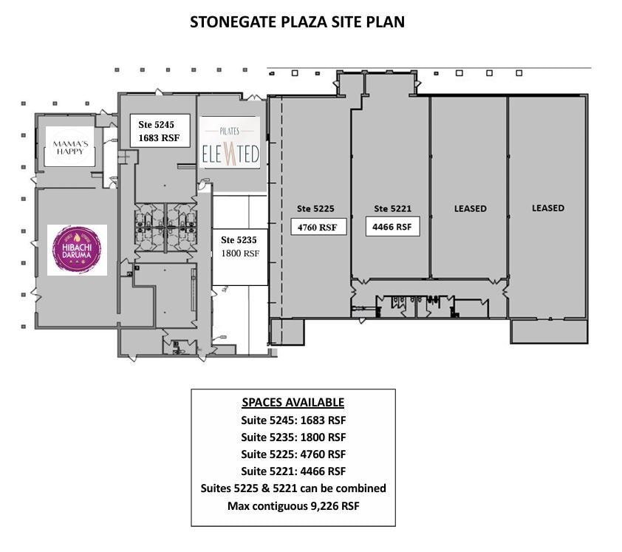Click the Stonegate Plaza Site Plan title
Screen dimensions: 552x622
(297, 21)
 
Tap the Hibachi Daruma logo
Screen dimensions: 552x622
(77, 250)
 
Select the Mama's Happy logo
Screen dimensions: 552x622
(71, 146)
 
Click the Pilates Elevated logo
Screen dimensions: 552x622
(230, 142)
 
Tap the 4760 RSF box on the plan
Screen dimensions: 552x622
(318, 227)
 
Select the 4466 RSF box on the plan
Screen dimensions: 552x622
(392, 226)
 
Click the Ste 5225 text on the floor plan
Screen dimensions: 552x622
(317, 208)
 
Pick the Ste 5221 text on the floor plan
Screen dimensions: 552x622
(392, 208)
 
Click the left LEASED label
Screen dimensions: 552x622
(470, 208)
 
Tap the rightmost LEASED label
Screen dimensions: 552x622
(547, 208)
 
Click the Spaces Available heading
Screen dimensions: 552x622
(293, 403)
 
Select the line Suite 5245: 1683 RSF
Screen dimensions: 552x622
(293, 420)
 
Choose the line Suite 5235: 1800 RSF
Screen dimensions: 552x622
(293, 437)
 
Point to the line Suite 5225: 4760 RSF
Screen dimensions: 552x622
(293, 454)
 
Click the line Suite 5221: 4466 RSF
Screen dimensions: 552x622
(293, 471)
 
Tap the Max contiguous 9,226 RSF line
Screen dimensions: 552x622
(293, 505)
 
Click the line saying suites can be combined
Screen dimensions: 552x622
(293, 488)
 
